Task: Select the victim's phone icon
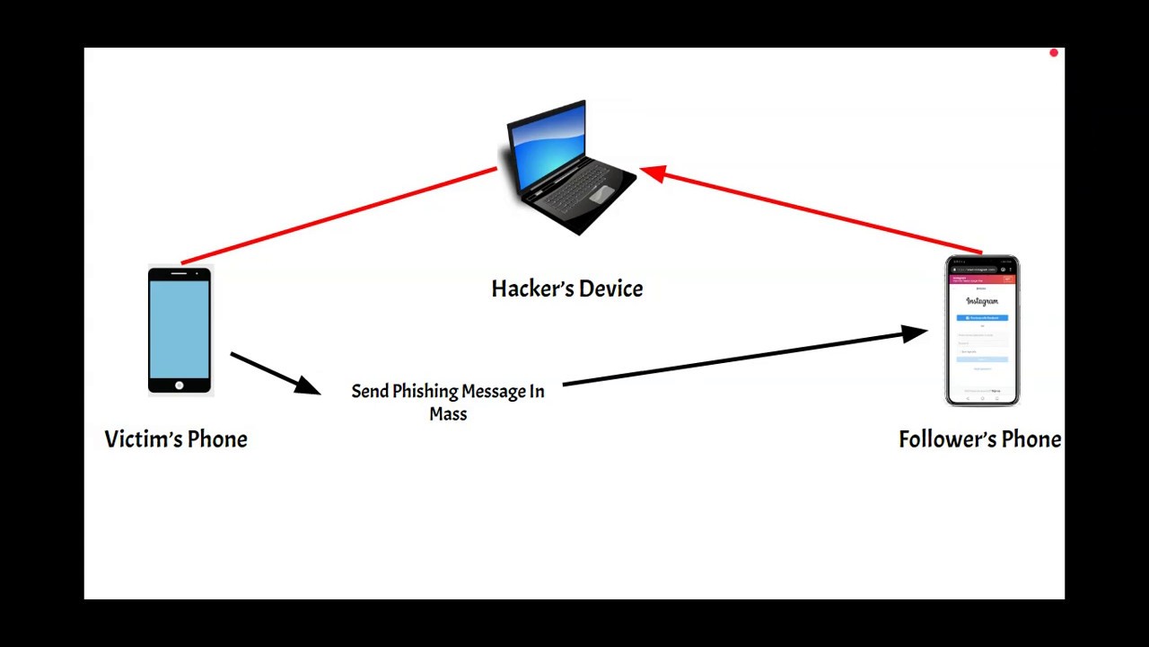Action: pyautogui.click(x=180, y=331)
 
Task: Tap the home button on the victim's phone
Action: pyautogui.click(x=180, y=386)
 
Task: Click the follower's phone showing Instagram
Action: pyautogui.click(x=982, y=331)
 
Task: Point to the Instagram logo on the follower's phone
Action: pyautogui.click(x=982, y=301)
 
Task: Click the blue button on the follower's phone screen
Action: pyautogui.click(x=982, y=318)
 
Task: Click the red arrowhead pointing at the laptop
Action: pyautogui.click(x=653, y=173)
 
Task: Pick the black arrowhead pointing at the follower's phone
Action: pyautogui.click(x=914, y=334)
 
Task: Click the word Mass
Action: pyautogui.click(x=448, y=414)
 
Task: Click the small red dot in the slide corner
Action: pyautogui.click(x=1054, y=54)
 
